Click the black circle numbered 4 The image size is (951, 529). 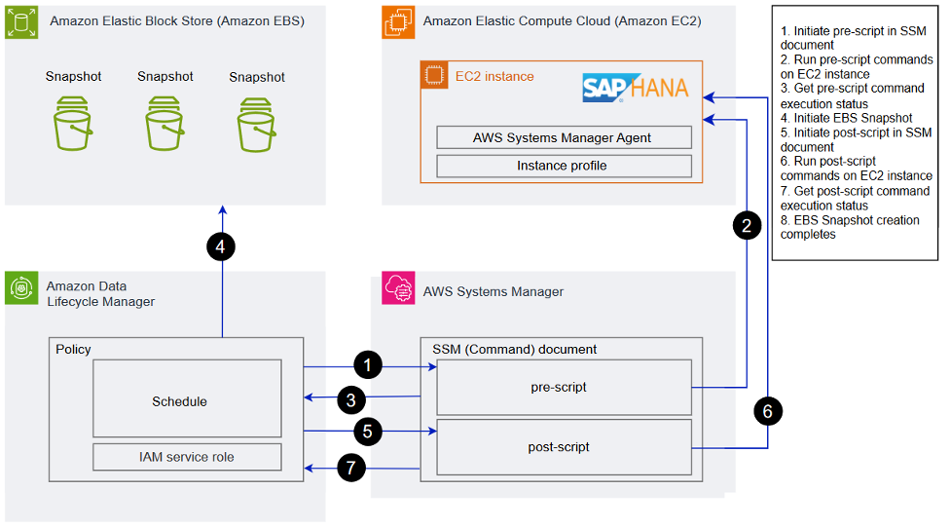pyautogui.click(x=221, y=248)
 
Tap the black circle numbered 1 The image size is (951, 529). pyautogui.click(x=367, y=365)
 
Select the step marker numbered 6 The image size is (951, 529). pyautogui.click(x=767, y=411)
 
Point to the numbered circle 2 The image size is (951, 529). pyautogui.click(x=747, y=227)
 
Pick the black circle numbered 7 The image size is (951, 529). pyautogui.click(x=352, y=469)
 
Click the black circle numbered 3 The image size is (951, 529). pyautogui.click(x=352, y=398)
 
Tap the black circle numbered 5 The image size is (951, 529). pyautogui.click(x=367, y=429)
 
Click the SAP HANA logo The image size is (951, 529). pyautogui.click(x=635, y=88)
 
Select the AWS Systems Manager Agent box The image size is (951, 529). pyautogui.click(x=563, y=137)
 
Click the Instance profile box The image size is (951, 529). pyautogui.click(x=563, y=166)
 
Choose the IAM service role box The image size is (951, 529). pyautogui.click(x=187, y=456)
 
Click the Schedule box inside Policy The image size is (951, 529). pyautogui.click(x=187, y=399)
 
